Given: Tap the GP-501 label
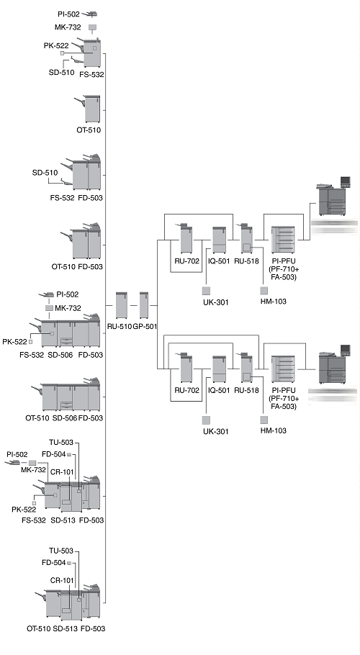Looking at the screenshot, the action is coord(145,327).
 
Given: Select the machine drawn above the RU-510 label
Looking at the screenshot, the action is coord(122,305).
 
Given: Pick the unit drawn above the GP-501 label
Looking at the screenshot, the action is coord(144,305).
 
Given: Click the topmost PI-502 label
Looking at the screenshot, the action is coord(68,14).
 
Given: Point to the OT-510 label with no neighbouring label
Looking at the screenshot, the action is coord(89,130).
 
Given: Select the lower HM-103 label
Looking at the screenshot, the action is coord(274,430).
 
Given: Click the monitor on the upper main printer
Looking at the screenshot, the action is coord(346,181).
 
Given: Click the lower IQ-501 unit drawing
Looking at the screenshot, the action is coord(219,369).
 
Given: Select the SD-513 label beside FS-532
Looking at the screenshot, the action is coord(63,520).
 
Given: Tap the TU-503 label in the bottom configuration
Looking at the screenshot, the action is coord(60,551).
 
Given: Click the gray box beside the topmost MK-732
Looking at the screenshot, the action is coord(93,27).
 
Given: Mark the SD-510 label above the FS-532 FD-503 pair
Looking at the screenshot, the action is coord(45,173).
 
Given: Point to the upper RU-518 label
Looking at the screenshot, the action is coord(246,261).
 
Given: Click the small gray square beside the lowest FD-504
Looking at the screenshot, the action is coord(69,563).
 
